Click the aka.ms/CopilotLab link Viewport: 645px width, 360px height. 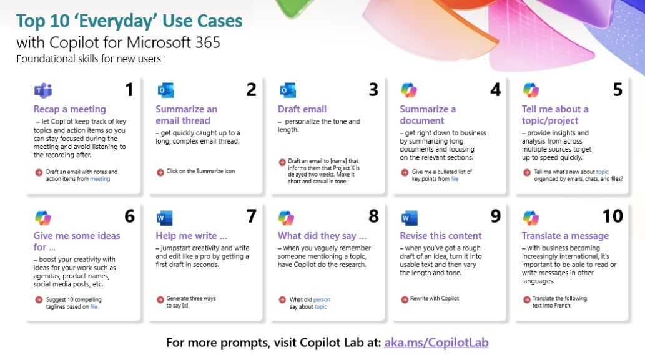(x=436, y=343)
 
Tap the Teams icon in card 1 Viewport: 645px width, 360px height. (x=43, y=90)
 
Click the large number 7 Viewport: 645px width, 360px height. (x=252, y=216)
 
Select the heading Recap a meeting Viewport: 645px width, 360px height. (x=69, y=109)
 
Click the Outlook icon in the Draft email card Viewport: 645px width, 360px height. (x=288, y=90)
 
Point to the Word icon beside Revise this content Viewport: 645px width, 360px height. (x=410, y=218)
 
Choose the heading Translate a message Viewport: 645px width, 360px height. (x=565, y=236)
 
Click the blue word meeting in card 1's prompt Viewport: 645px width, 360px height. (x=100, y=179)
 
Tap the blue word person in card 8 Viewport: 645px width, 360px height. (x=322, y=299)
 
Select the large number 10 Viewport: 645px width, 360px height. (x=613, y=216)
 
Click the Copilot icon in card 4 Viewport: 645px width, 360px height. (x=409, y=90)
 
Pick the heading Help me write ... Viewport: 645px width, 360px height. (x=191, y=236)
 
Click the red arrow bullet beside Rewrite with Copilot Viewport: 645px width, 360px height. (x=405, y=299)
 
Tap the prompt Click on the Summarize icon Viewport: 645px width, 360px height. (x=200, y=172)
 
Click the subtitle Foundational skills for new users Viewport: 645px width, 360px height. (x=89, y=59)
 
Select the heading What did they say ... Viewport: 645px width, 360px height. (x=322, y=236)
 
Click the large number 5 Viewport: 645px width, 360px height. (x=618, y=90)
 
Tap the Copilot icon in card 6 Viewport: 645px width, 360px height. (x=43, y=218)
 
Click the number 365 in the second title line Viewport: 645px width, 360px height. (x=207, y=42)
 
